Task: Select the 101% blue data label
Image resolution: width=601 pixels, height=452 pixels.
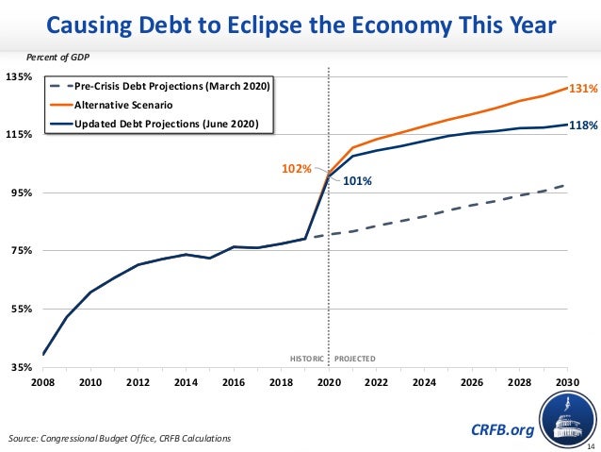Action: click(356, 182)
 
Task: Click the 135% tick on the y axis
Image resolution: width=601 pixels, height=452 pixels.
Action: click(20, 76)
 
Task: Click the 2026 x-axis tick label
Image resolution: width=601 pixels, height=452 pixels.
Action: click(470, 383)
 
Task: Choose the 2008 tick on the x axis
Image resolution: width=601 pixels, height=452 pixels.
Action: click(42, 383)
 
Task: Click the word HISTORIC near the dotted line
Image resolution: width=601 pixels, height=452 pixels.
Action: click(307, 360)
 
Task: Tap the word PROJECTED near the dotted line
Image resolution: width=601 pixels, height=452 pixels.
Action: click(355, 360)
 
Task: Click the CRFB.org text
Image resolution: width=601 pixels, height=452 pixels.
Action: click(501, 430)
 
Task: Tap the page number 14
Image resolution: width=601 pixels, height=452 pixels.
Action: click(591, 445)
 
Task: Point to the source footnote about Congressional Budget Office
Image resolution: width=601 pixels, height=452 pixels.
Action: click(118, 439)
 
